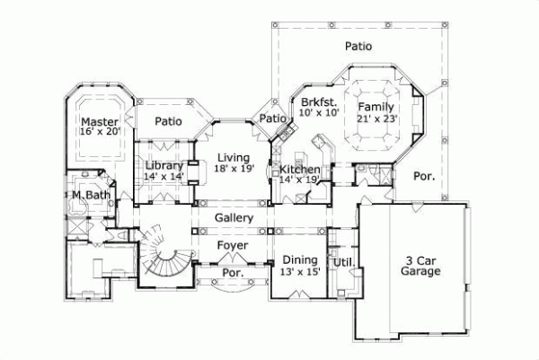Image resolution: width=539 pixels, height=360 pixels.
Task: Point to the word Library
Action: pyautogui.click(x=164, y=166)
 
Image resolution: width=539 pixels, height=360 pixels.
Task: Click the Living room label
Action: pyautogui.click(x=233, y=158)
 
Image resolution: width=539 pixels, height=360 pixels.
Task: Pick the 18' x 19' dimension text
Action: pyautogui.click(x=234, y=169)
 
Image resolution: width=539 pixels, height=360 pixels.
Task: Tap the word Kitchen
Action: pyautogui.click(x=298, y=169)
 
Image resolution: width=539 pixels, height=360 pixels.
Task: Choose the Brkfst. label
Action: pyautogui.click(x=319, y=101)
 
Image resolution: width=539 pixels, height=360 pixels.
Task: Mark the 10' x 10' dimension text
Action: pyautogui.click(x=320, y=113)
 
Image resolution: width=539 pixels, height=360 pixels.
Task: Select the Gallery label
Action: pyautogui.click(x=233, y=218)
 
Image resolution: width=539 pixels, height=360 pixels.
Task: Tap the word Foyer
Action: pyautogui.click(x=233, y=244)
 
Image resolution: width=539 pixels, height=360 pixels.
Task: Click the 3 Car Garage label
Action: pyautogui.click(x=420, y=263)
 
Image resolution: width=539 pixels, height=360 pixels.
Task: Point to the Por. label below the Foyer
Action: pyautogui.click(x=233, y=271)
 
